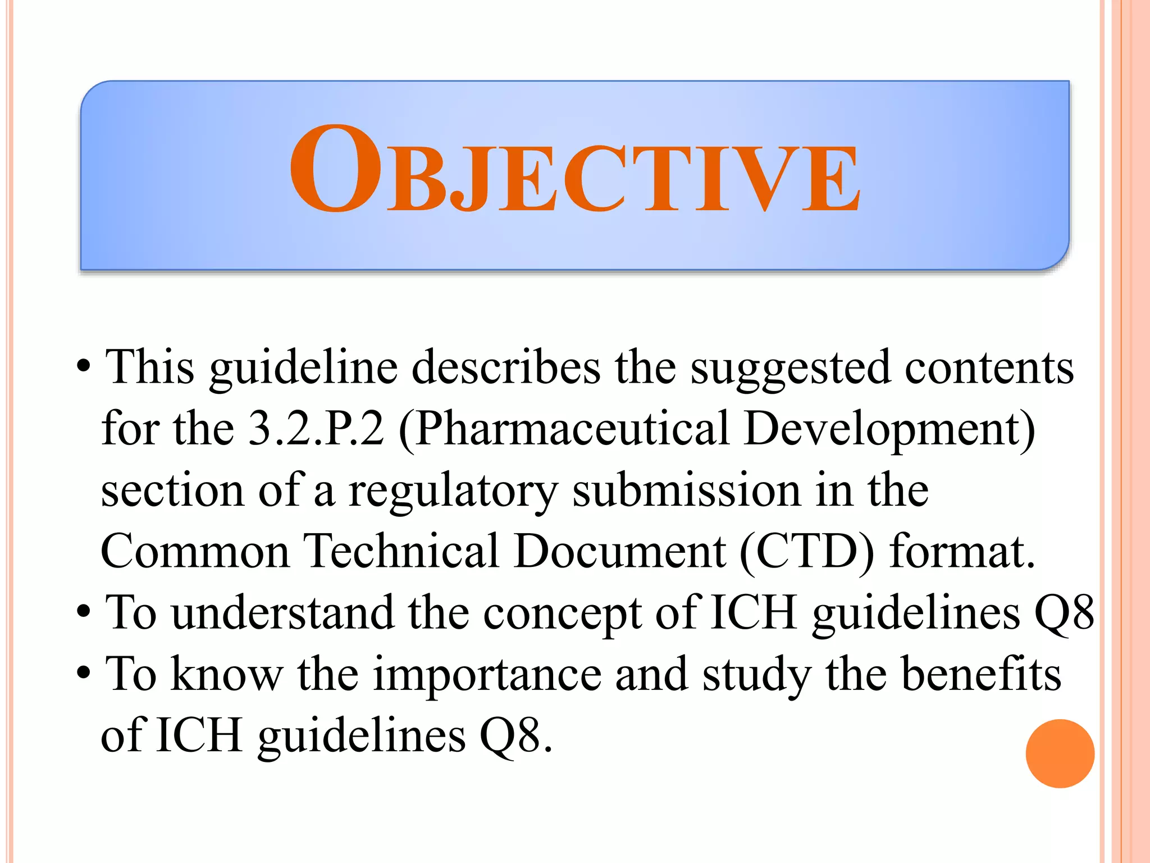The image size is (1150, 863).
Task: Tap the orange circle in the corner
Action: [x=1060, y=753]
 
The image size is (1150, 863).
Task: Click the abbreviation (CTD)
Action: [x=807, y=552]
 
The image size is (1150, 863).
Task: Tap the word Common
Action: [x=195, y=552]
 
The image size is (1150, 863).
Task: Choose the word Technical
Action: [x=401, y=552]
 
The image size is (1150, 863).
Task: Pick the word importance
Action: [x=487, y=675]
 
